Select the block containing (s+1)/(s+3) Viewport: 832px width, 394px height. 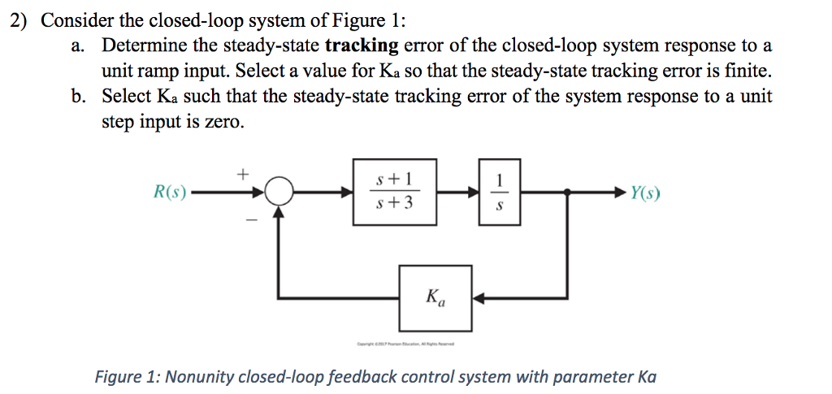(395, 192)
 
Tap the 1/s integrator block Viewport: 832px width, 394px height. (500, 193)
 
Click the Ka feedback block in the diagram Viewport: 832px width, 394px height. (435, 298)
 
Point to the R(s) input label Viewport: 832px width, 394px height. (170, 193)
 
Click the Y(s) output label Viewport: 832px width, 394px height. (645, 193)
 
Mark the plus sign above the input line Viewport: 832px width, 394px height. (240, 172)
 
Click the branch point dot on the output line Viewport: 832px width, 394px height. (567, 193)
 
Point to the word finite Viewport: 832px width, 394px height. (743, 71)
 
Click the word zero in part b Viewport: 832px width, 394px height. (224, 121)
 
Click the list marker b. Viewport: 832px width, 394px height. (78, 97)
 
